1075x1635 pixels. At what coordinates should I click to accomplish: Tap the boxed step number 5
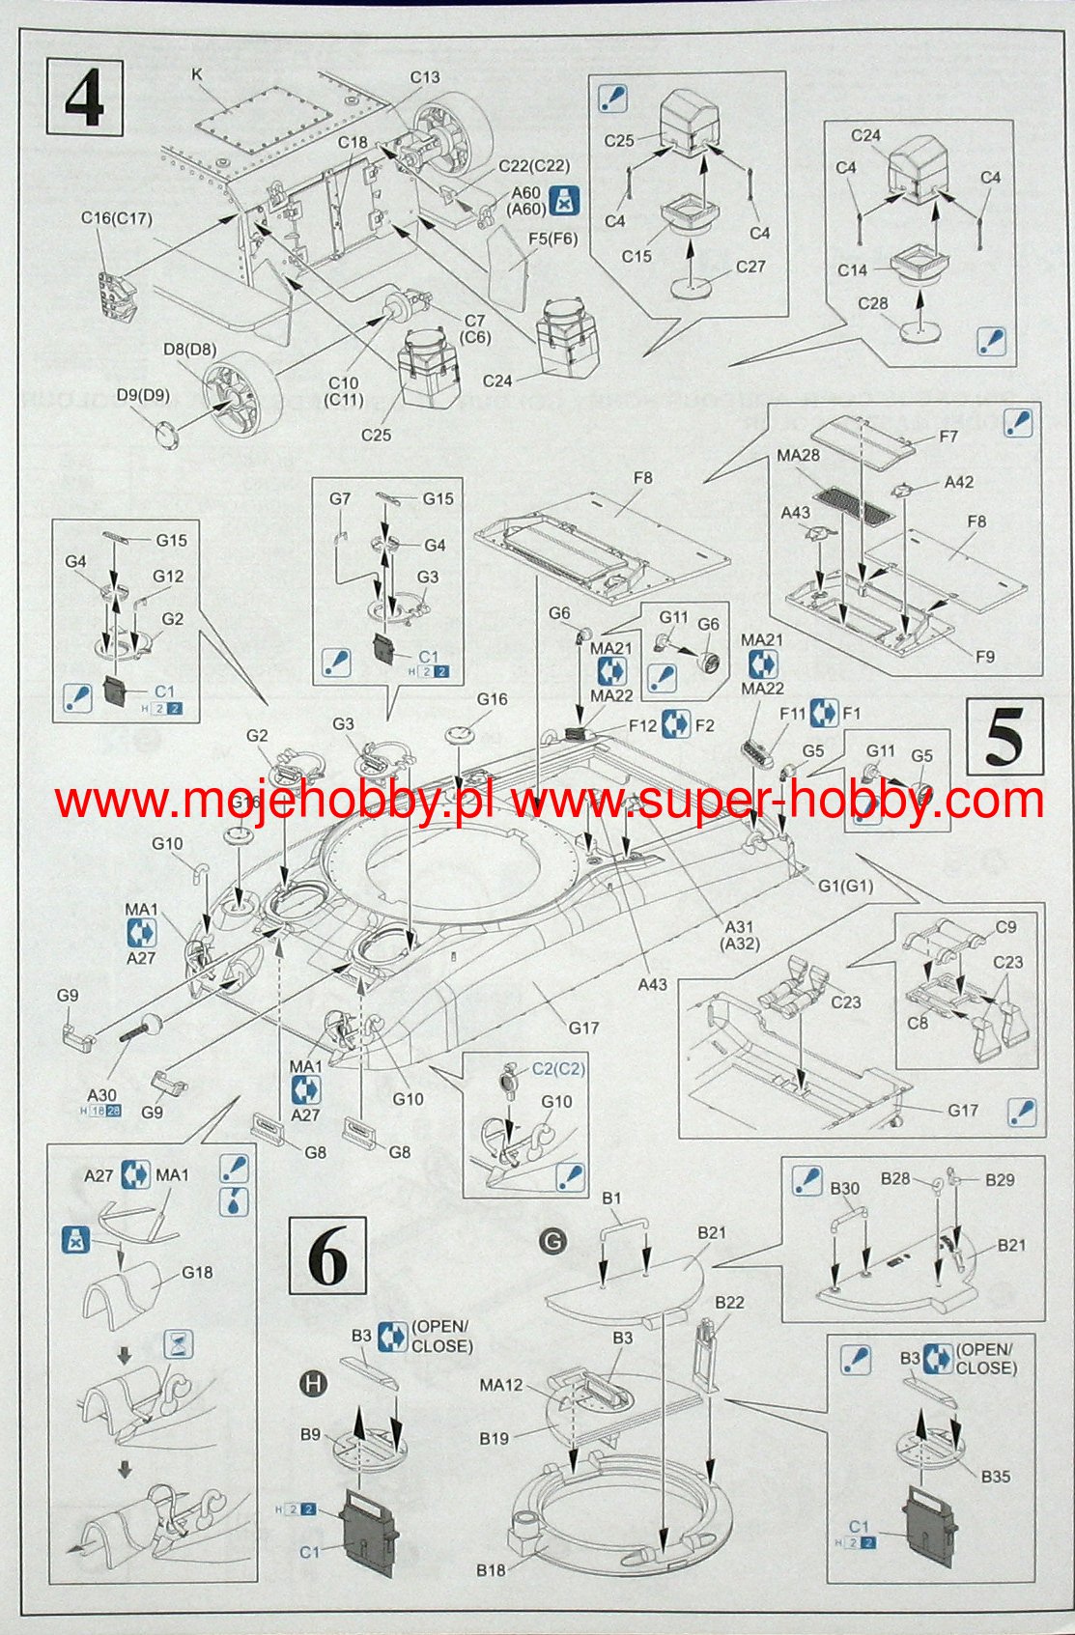point(1004,737)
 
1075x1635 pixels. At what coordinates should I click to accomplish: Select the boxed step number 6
point(327,1255)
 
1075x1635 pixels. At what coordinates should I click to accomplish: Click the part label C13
point(425,77)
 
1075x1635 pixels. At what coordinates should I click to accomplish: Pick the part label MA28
point(798,455)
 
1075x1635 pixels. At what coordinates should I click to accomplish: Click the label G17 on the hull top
point(583,1028)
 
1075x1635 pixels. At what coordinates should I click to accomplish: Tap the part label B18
point(491,1569)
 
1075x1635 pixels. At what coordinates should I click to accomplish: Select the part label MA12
point(501,1386)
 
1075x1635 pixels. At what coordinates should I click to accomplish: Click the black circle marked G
point(552,1241)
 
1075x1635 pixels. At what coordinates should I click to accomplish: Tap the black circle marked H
point(315,1384)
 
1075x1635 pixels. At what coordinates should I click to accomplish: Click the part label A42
point(959,482)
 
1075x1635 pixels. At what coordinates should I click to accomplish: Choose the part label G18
point(197,1272)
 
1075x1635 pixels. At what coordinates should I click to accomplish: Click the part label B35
point(996,1476)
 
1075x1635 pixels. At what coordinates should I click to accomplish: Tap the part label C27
point(750,267)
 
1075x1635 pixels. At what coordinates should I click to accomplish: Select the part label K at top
point(197,73)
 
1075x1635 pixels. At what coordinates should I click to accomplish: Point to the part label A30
point(101,1094)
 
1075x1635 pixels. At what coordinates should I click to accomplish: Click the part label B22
point(729,1302)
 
